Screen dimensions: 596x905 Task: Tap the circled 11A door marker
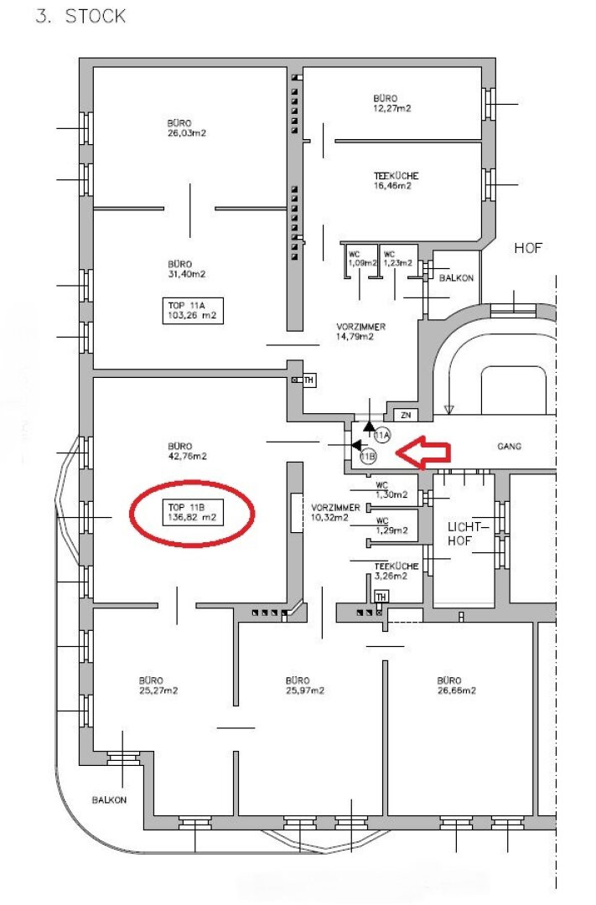tap(382, 435)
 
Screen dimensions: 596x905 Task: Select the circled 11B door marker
tap(368, 457)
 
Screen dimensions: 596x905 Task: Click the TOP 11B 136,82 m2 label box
tap(192, 513)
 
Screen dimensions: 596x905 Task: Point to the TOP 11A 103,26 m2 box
tap(192, 311)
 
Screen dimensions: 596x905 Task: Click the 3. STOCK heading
tap(80, 16)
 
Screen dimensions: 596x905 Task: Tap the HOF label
tap(528, 248)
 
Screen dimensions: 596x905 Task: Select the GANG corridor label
tap(509, 446)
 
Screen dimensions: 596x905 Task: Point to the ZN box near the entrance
tap(406, 415)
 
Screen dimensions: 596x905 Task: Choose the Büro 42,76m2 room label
tap(187, 452)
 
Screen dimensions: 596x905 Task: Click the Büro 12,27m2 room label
tap(392, 103)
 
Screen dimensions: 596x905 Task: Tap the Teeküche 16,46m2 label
tap(396, 181)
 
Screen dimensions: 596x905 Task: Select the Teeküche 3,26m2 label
tap(396, 571)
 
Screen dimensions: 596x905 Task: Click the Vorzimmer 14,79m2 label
tap(360, 331)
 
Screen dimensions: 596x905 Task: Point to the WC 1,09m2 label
tap(361, 259)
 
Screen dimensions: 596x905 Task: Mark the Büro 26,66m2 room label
tap(456, 685)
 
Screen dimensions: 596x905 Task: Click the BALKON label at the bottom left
tap(109, 800)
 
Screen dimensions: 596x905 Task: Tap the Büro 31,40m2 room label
tap(187, 269)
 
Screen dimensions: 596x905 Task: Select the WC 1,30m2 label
tap(391, 490)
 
